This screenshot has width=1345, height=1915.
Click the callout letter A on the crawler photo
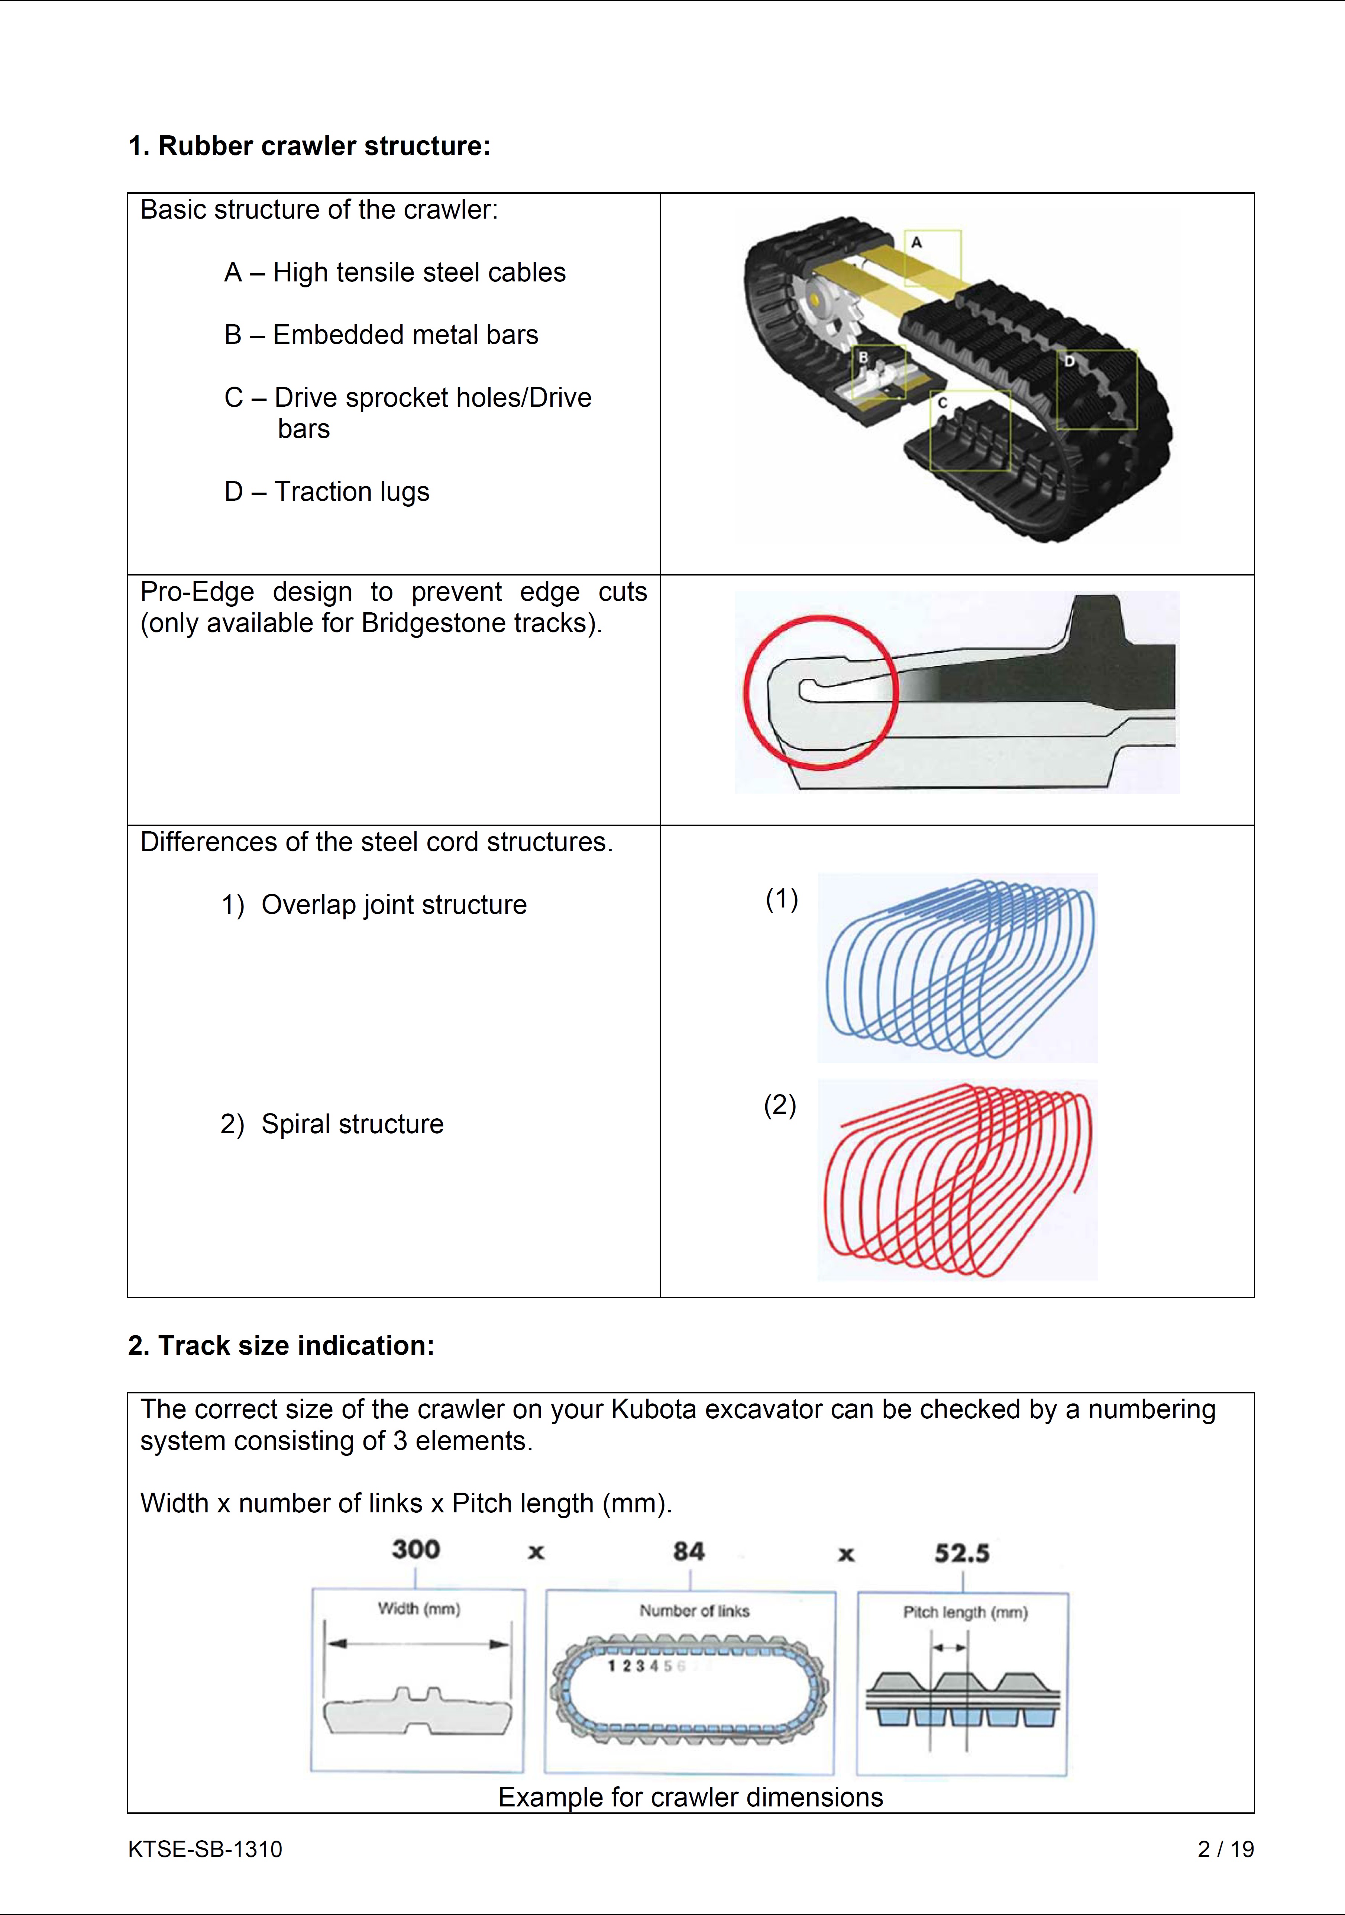[916, 243]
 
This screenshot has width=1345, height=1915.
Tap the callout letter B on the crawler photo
[864, 357]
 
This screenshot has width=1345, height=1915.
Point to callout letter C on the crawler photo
[942, 403]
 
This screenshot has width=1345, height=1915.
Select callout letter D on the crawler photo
[1069, 361]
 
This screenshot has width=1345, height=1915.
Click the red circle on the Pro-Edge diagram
[821, 692]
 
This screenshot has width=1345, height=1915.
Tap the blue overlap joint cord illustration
[959, 967]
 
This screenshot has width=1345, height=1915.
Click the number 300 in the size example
[415, 1550]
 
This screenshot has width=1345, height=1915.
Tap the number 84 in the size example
[689, 1551]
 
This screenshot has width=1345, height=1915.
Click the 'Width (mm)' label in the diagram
[418, 1608]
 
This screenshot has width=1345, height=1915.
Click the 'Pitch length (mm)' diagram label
[965, 1612]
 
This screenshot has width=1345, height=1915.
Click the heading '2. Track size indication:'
[281, 1345]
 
